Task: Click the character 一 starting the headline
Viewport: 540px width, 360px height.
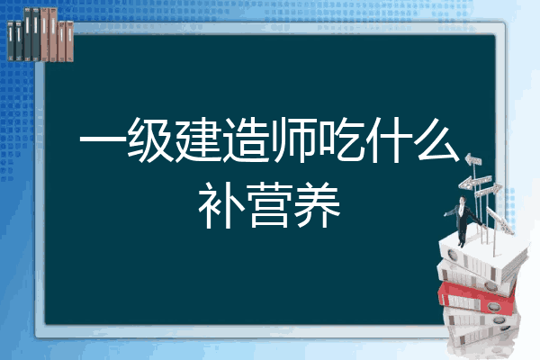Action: (x=103, y=140)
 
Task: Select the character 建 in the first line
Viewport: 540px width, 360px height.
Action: (x=198, y=140)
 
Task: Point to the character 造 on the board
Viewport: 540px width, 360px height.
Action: (x=245, y=140)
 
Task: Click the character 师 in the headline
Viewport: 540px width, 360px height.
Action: (x=293, y=140)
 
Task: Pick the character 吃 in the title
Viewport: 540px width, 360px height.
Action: (x=340, y=140)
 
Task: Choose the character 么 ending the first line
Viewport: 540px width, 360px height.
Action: (x=438, y=139)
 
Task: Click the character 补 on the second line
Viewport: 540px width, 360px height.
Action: (x=221, y=205)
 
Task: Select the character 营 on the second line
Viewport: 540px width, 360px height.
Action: (x=269, y=205)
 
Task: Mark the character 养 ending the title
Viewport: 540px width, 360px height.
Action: (x=317, y=205)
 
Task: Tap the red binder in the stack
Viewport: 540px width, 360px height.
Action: (x=476, y=298)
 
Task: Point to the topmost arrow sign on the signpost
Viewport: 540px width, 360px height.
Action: (x=473, y=160)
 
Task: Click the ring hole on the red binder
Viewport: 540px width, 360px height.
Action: (x=493, y=306)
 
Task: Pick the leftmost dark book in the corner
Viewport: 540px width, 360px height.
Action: (x=11, y=40)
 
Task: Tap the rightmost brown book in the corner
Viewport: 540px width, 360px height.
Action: (x=70, y=41)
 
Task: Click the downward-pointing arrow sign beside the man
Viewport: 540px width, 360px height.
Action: (x=500, y=220)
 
